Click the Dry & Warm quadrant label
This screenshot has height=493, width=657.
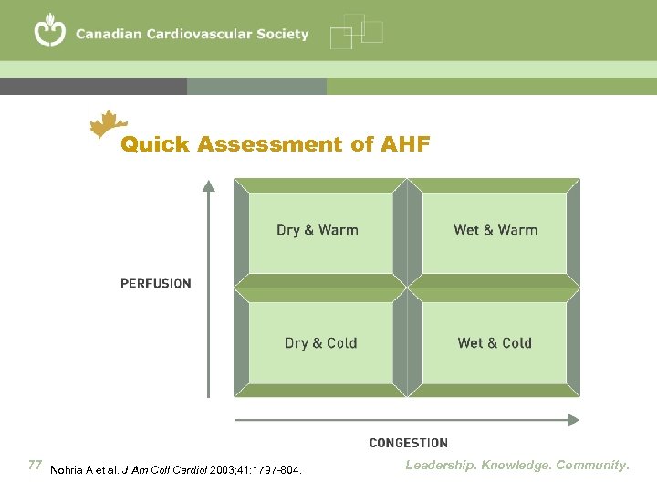click(x=317, y=230)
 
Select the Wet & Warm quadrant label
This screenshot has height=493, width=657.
click(x=495, y=230)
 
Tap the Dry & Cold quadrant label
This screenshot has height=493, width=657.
click(x=320, y=343)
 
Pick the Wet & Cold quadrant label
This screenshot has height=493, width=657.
click(x=495, y=343)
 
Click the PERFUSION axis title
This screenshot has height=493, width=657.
click(x=156, y=283)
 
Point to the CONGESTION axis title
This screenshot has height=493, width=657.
click(x=408, y=443)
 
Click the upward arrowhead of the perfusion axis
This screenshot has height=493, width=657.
click(x=209, y=185)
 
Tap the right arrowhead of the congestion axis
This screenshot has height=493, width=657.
click(x=572, y=420)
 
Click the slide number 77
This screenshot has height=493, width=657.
click(x=36, y=466)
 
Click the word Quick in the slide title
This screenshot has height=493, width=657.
click(x=155, y=144)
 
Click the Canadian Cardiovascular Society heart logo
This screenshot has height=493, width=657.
click(x=50, y=32)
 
